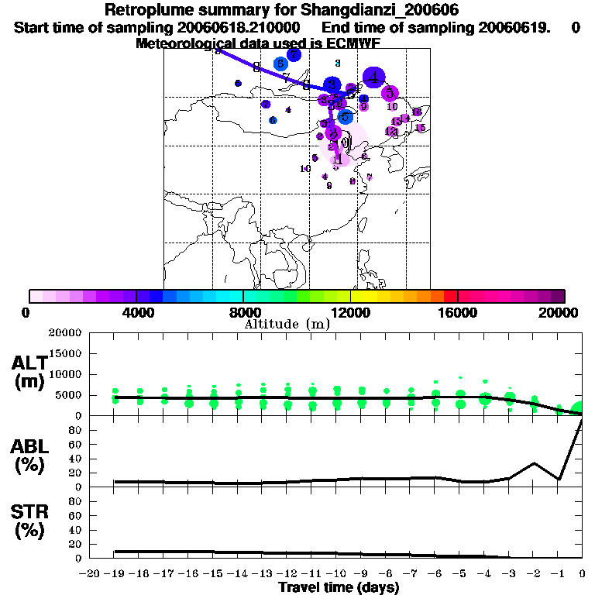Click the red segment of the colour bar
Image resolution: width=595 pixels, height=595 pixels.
[x=450, y=296]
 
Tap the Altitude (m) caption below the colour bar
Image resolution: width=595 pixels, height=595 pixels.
[x=287, y=324]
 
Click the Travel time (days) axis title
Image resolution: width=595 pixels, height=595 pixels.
[x=339, y=588]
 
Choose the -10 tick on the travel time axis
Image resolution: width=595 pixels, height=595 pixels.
[x=337, y=574]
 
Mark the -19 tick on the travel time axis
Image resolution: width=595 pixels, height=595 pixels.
[x=115, y=574]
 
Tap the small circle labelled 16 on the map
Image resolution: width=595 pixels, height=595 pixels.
[x=416, y=112]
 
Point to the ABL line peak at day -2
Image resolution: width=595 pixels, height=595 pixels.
[x=534, y=463]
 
